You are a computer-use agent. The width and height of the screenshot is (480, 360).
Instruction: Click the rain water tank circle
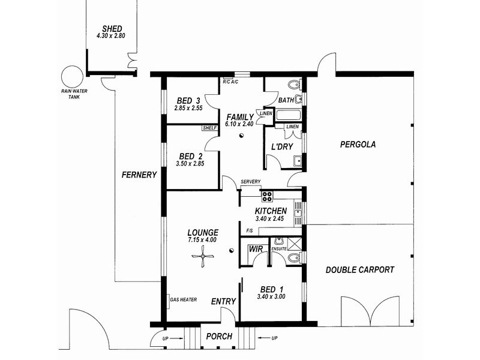tap(72, 77)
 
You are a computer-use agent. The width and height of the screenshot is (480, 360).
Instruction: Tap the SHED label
tap(112, 29)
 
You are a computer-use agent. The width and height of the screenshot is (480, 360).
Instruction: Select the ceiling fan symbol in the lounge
tap(202, 257)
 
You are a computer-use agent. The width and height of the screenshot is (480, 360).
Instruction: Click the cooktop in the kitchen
tap(266, 196)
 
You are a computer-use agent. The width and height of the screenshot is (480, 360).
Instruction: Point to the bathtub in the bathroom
tap(289, 115)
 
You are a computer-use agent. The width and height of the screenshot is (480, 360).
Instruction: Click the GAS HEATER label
tap(184, 299)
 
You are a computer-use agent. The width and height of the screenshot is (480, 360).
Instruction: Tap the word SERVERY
tap(250, 182)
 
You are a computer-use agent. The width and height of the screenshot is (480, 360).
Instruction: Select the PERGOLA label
tap(358, 144)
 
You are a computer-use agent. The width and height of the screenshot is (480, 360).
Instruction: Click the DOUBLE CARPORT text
tap(359, 269)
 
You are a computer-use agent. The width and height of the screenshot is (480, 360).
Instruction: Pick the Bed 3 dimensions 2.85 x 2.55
tap(188, 108)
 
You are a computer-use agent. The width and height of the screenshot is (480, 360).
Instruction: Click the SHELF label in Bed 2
tap(209, 128)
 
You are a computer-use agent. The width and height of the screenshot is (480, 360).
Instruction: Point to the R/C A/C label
tap(230, 82)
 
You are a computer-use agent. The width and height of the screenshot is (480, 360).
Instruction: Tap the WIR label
tap(256, 249)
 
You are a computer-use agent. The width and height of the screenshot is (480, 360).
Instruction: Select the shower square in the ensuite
tap(295, 244)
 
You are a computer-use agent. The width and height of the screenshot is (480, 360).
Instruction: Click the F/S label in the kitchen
tap(250, 231)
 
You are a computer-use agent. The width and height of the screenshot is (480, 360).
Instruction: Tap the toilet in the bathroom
tap(295, 85)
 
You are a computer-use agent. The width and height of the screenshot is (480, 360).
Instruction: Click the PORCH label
tap(219, 337)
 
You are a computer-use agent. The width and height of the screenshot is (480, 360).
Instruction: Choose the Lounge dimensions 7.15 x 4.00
tap(202, 239)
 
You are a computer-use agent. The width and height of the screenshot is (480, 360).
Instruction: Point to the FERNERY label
tap(139, 175)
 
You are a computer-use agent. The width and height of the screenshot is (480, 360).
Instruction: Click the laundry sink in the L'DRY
tap(297, 161)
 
